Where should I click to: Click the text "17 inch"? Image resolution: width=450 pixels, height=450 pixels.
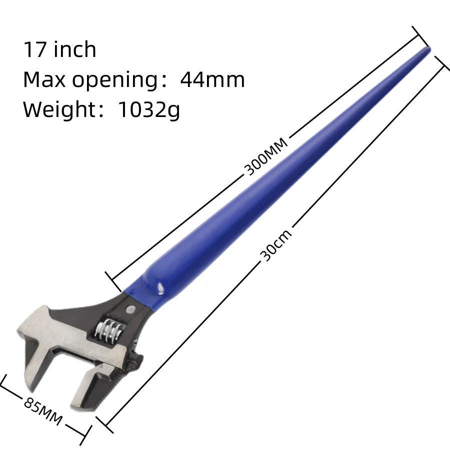(59, 50)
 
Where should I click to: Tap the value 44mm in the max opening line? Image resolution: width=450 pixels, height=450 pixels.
(212, 79)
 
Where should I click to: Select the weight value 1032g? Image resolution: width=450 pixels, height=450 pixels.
(148, 109)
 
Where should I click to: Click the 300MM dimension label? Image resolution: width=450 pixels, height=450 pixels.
(266, 156)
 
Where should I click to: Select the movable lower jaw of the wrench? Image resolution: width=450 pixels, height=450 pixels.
(90, 385)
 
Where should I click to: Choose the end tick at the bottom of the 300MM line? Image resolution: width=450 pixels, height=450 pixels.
(112, 280)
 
